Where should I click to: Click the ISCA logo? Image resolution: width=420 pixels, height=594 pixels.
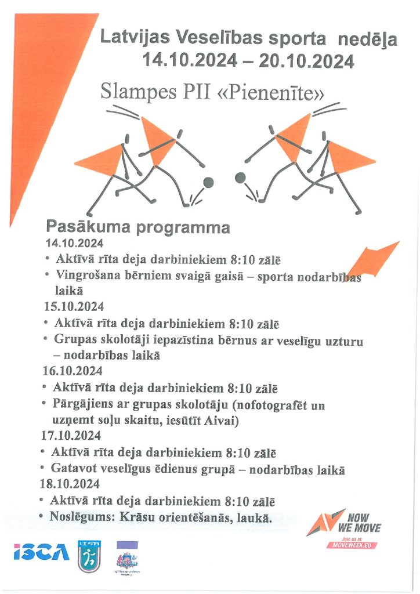41,552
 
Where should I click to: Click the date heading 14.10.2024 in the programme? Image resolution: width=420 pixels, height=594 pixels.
74,243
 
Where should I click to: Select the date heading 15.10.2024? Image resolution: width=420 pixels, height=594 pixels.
73,306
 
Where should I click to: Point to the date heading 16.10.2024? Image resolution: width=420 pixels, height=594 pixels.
72,370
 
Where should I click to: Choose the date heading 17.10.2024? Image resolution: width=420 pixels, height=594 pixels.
71,435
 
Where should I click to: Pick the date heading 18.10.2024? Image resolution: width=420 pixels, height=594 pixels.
70,483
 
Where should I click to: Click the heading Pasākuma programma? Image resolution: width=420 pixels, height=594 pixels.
137,227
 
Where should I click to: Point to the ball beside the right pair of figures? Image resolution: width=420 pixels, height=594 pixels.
240,178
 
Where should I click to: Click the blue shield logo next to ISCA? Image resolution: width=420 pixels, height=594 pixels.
90,556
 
